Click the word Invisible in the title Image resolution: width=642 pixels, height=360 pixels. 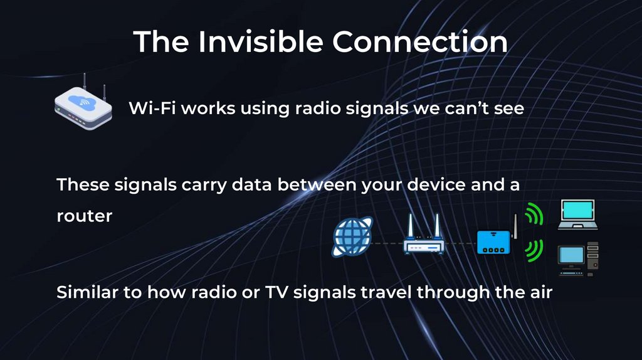point(261,41)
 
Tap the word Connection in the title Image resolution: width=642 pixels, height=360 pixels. point(419,41)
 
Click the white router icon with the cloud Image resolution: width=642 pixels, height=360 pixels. point(83,108)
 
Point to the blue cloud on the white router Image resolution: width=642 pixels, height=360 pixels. point(82,101)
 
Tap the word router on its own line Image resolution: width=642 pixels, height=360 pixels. point(84,216)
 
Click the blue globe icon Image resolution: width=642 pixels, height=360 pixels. point(352,238)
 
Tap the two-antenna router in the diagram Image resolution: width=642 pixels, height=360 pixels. point(423,237)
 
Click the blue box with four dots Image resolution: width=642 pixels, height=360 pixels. point(494,242)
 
